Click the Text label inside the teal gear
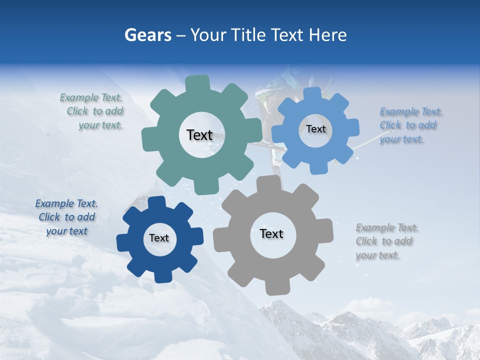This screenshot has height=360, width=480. [x=199, y=135]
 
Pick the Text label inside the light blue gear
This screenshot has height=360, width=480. [x=315, y=129]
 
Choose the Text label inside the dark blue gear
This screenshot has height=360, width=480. [x=159, y=238]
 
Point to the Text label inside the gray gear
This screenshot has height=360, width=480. [x=271, y=233]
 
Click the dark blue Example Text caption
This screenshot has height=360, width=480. [x=67, y=217]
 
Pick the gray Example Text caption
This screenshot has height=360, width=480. [x=386, y=241]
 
